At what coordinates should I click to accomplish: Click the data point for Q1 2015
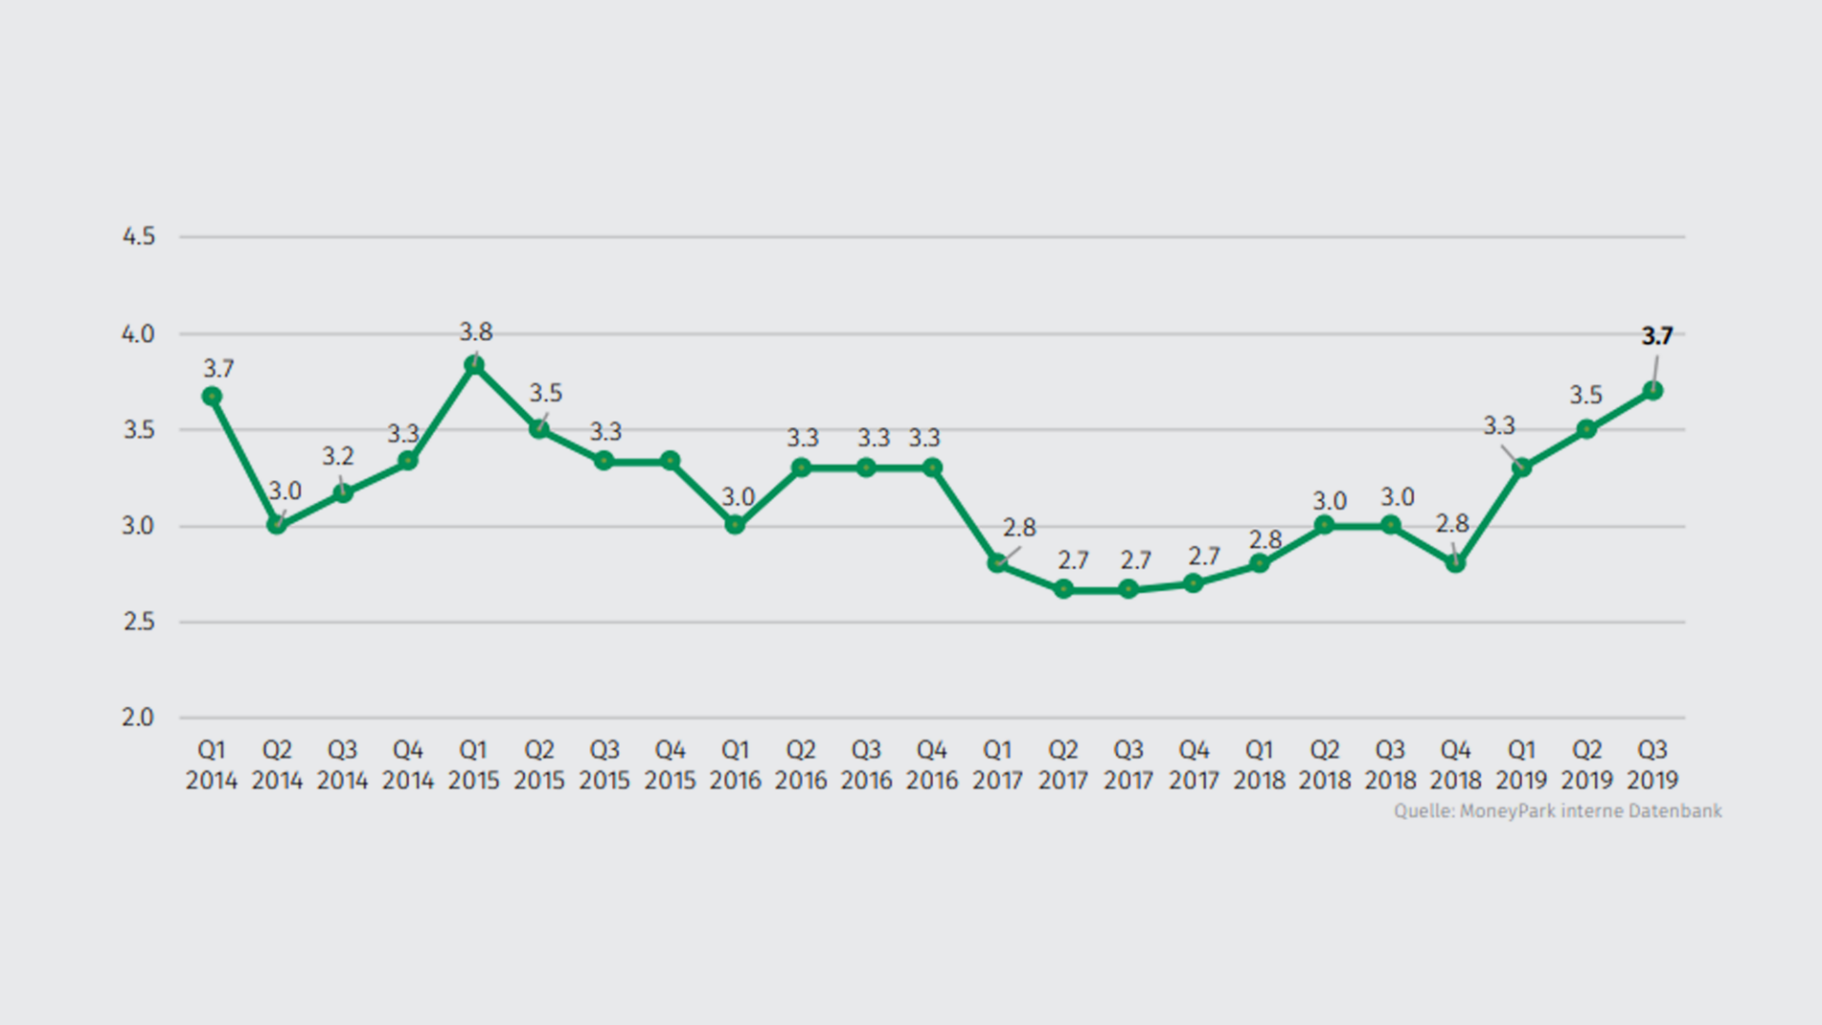point(474,365)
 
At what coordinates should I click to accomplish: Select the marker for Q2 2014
point(277,524)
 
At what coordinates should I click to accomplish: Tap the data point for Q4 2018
point(1456,563)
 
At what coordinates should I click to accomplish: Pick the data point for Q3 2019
point(1653,390)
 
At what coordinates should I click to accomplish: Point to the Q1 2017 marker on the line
point(997,563)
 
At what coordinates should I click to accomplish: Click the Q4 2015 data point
point(670,460)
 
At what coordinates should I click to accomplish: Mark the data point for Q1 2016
point(735,524)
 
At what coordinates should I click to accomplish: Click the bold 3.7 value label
point(1657,336)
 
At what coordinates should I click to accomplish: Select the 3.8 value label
point(475,331)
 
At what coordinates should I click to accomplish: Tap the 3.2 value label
point(338,457)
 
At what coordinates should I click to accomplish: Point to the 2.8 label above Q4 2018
point(1452,524)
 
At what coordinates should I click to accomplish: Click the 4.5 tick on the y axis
point(139,236)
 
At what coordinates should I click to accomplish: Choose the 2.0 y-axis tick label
point(139,717)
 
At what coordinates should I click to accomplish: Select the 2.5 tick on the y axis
point(139,622)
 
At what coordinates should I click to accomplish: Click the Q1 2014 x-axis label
point(212,765)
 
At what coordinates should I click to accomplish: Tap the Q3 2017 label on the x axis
point(1128,765)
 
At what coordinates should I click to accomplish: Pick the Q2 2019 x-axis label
point(1587,765)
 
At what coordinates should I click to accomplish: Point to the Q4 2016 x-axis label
point(932,765)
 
